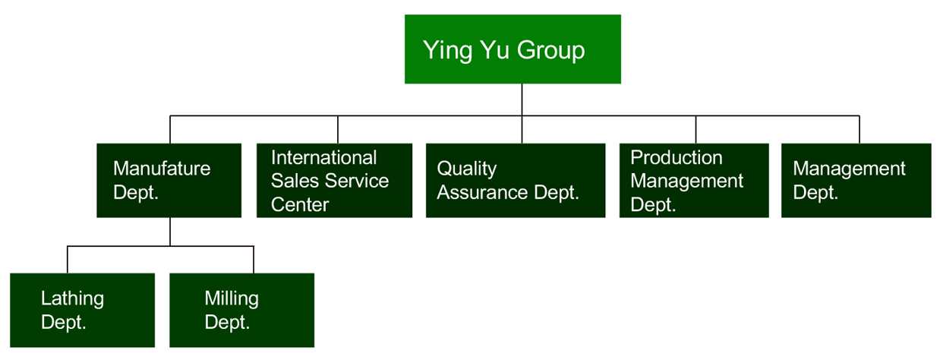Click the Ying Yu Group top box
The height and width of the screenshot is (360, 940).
click(x=513, y=49)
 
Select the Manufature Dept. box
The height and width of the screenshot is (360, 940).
click(x=169, y=181)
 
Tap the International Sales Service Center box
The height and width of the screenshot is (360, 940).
click(x=334, y=181)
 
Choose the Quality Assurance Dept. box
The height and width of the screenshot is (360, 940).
click(x=516, y=181)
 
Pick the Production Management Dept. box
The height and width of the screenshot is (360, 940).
click(x=694, y=181)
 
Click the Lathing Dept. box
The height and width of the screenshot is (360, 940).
click(x=82, y=310)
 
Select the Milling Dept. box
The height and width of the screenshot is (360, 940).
click(x=241, y=310)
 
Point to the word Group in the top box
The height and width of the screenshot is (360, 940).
click(x=550, y=51)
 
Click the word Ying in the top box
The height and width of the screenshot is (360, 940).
click(x=447, y=51)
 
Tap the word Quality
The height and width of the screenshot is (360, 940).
click(x=467, y=169)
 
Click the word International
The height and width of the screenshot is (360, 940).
click(x=323, y=158)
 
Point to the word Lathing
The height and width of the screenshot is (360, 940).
click(x=72, y=299)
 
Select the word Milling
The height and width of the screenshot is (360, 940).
click(x=232, y=299)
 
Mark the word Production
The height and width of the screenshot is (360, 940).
click(x=676, y=158)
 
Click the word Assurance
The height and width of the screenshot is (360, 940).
click(x=482, y=193)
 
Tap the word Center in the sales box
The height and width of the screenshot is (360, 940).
click(x=300, y=205)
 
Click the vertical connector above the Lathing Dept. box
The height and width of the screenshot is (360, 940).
click(x=67, y=259)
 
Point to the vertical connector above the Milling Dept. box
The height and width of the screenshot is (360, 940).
click(x=254, y=259)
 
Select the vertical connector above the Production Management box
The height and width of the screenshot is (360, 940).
click(x=696, y=129)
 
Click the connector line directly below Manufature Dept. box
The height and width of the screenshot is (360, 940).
click(x=170, y=232)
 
